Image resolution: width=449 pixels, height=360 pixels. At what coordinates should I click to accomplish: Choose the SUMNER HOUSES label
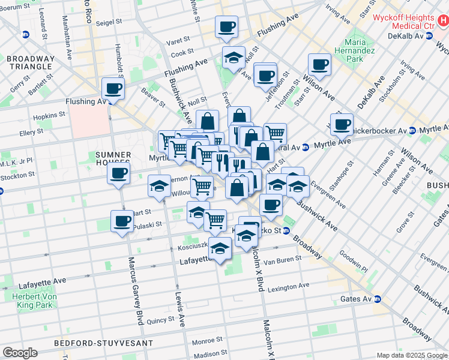point(113,158)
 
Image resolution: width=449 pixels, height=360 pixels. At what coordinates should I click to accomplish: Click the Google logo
point(20,353)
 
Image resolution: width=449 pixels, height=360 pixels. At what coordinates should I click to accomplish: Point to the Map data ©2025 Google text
point(412,355)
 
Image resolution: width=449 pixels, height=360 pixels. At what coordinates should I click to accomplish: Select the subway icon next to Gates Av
point(377,299)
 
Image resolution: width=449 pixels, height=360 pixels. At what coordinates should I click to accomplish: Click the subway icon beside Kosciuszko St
point(286,230)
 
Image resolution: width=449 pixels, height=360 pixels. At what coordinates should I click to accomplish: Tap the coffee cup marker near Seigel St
point(226,27)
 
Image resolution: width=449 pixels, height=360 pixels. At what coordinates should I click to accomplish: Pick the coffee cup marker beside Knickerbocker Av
point(342,124)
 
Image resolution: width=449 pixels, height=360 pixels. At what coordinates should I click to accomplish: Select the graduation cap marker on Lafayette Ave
point(220,248)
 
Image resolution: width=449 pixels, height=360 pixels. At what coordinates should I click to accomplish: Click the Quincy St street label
point(160,320)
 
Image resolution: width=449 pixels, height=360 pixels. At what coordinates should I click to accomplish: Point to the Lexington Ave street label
point(288,286)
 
